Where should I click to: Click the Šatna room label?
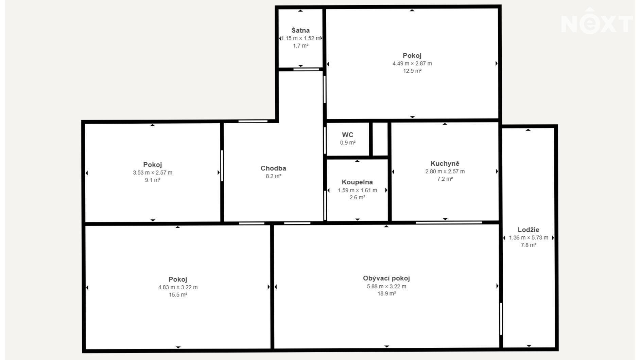300,30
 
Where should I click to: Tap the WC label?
347,135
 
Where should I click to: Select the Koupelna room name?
357,182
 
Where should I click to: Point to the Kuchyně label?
445,163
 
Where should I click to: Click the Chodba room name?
273,168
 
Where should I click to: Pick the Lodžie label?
529,230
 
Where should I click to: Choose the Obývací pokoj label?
386,278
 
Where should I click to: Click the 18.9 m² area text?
386,294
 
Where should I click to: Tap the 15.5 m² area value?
178,295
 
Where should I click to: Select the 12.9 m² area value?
412,71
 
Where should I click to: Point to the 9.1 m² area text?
153,180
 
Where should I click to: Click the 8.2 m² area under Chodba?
274,176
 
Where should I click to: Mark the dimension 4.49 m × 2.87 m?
412,64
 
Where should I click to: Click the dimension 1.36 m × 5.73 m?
529,238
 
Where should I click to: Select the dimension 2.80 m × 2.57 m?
445,172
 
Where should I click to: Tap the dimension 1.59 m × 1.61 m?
358,190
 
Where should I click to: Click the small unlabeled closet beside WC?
380,139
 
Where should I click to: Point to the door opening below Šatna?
306,69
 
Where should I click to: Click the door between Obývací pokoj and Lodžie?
501,319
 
